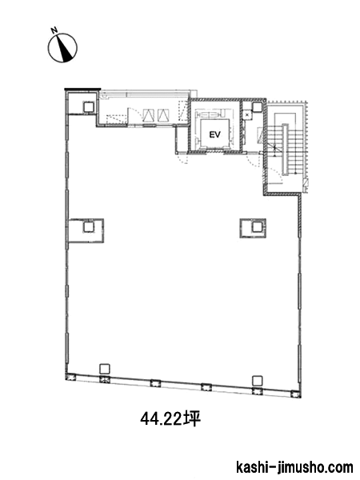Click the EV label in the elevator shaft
[214, 134]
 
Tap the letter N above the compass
[54, 30]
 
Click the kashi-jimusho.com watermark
[294, 468]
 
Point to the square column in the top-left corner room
[89, 107]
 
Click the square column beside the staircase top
[257, 107]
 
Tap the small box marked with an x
[246, 114]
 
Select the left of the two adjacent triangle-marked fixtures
[148, 115]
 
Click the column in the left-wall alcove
[89, 227]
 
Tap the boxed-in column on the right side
[257, 227]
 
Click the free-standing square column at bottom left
[105, 368]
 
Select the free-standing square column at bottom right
[258, 381]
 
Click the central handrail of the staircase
[286, 150]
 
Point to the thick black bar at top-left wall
[82, 89]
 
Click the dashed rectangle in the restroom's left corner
[117, 118]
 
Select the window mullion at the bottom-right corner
[296, 394]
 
